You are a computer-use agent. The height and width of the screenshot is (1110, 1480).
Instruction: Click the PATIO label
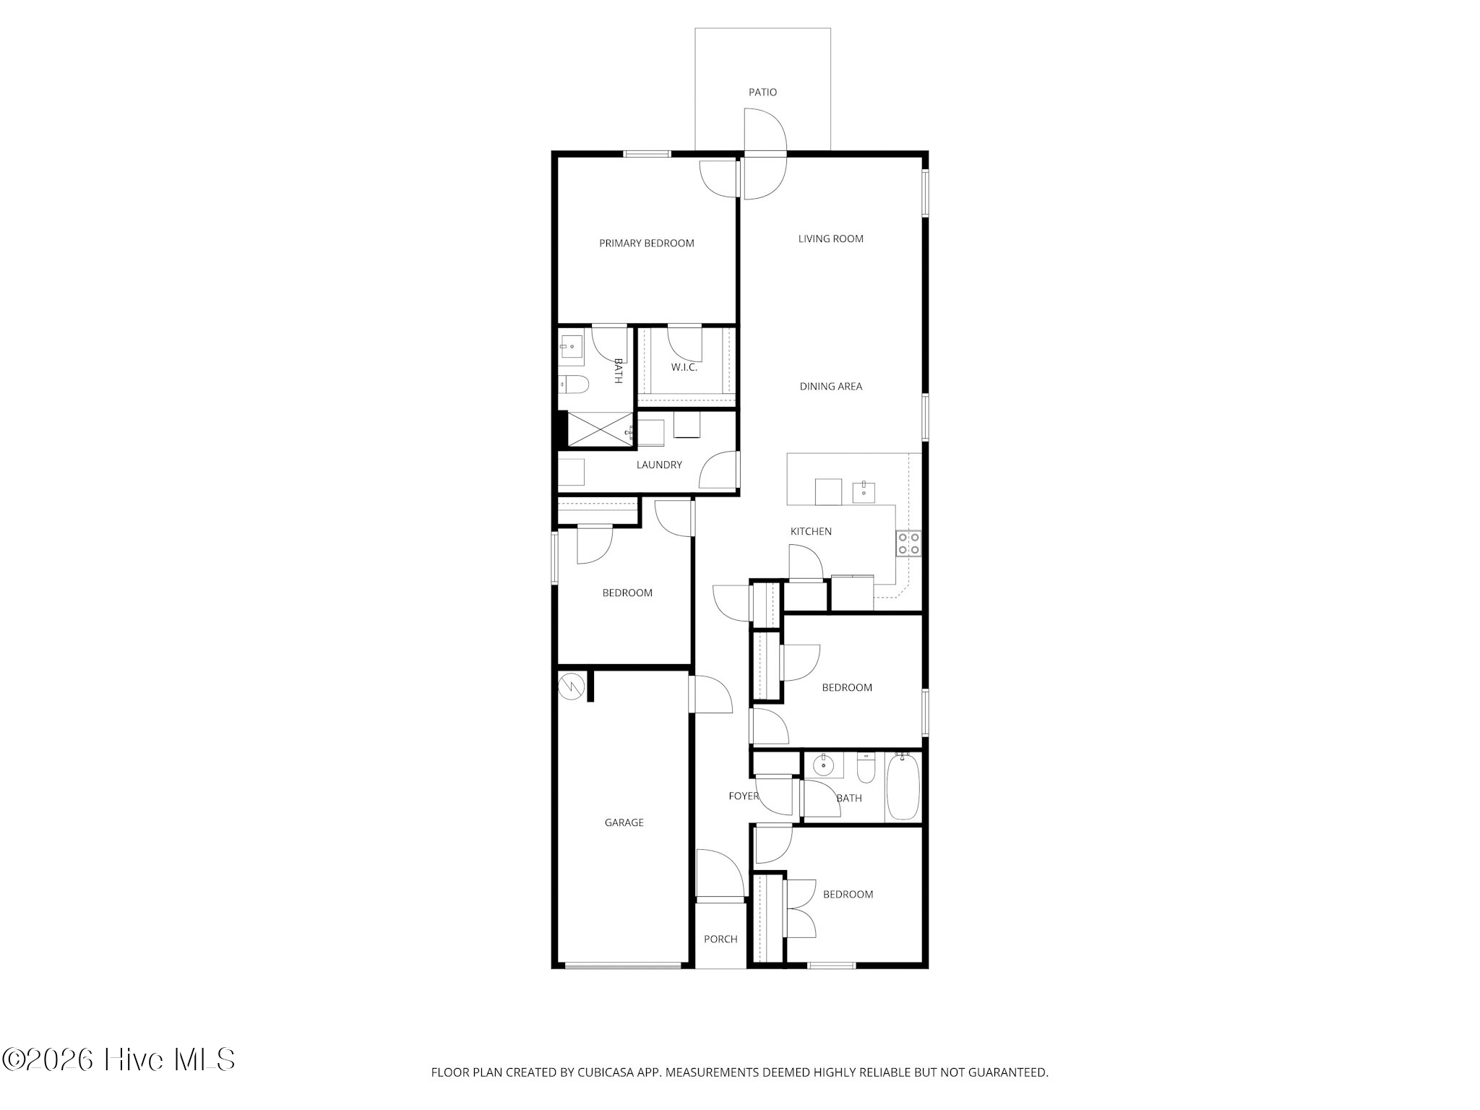point(762,92)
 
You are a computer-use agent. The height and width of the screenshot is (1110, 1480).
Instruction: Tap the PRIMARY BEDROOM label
point(647,244)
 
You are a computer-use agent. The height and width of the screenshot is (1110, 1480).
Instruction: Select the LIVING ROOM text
point(831,239)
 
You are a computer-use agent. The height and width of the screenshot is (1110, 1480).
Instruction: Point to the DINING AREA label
point(831,387)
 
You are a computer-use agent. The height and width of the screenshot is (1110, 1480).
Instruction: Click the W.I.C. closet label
point(684,368)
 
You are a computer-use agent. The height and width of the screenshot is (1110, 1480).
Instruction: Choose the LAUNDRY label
point(659,465)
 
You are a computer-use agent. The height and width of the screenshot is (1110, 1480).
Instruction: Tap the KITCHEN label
point(811,532)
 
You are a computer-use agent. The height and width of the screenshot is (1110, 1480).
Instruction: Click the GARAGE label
point(624,823)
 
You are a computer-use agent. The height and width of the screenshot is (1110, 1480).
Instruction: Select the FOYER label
point(744,796)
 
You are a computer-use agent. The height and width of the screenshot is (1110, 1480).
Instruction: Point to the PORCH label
point(720,939)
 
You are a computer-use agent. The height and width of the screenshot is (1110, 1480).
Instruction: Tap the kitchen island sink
point(864,491)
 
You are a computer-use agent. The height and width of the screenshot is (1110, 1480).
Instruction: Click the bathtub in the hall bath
point(903,786)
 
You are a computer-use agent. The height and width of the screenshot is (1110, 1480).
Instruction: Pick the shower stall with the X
point(599,429)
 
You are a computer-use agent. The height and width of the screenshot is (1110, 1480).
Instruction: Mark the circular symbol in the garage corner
point(571,685)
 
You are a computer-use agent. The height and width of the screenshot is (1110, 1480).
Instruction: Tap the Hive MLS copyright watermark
point(118,1060)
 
